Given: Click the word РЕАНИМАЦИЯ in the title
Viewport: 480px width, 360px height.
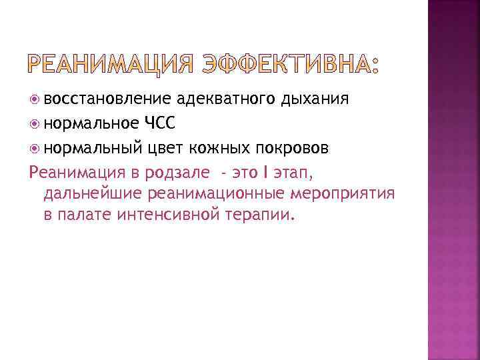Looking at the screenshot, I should click(111, 65).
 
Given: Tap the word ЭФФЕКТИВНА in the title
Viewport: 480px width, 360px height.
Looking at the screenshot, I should click(285, 65).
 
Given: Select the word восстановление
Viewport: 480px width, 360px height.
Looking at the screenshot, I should click(109, 100).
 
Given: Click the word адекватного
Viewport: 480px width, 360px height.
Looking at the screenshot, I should click(219, 100).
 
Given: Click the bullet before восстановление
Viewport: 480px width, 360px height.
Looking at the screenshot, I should click(35, 101).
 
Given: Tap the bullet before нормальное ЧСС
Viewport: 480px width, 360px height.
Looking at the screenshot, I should click(35, 124).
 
